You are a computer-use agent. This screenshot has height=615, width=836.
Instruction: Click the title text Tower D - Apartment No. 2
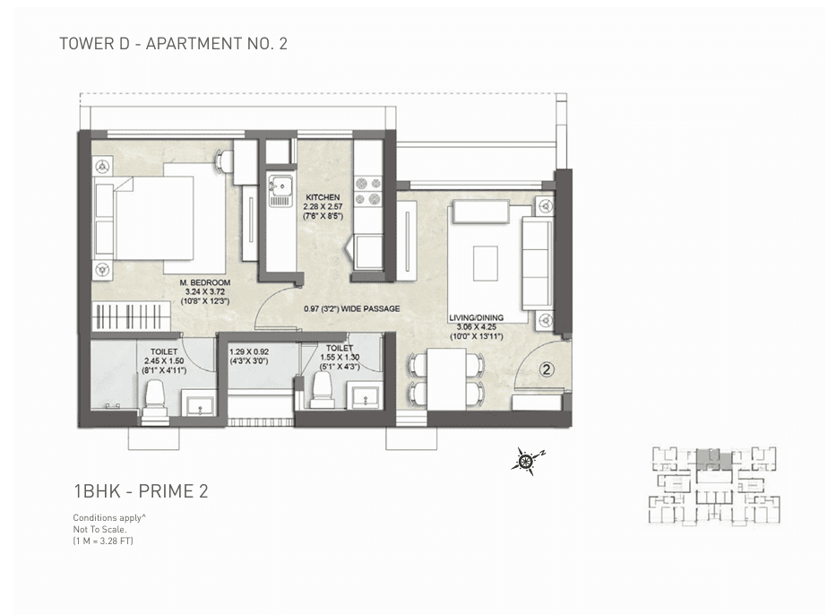(x=173, y=43)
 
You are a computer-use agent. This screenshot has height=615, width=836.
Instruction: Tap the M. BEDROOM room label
(x=205, y=283)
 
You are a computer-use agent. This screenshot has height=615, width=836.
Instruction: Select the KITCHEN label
(x=322, y=197)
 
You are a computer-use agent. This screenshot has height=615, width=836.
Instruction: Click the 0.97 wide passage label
(x=351, y=309)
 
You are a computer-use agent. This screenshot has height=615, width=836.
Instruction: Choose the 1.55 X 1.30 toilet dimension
(x=340, y=358)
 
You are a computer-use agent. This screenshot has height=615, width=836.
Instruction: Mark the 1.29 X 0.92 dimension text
(x=249, y=352)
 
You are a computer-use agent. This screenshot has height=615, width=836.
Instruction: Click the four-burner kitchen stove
(x=367, y=189)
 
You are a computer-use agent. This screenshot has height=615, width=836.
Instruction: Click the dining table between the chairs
(x=446, y=377)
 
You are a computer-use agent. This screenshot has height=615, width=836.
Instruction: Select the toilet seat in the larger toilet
(x=155, y=401)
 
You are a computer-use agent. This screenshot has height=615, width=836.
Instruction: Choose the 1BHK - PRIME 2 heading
(x=141, y=490)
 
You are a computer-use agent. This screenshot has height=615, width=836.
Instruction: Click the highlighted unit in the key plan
(x=713, y=459)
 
